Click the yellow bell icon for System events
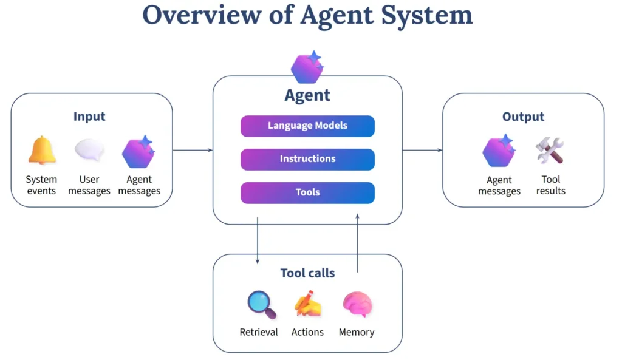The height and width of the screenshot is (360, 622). [42, 150]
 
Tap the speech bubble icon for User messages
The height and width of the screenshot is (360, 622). [90, 150]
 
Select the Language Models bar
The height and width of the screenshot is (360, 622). [307, 126]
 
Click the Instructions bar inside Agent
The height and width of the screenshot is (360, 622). [307, 160]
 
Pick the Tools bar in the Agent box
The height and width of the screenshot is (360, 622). [307, 192]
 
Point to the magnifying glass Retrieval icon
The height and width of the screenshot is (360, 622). [262, 305]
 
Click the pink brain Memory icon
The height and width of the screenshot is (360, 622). [357, 304]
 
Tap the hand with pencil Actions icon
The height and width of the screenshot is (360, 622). [308, 304]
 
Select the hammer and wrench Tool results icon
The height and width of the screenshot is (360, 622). [550, 151]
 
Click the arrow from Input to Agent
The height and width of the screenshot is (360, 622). [193, 151]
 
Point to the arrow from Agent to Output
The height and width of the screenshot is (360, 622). [422, 151]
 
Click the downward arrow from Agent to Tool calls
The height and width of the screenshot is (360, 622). [258, 240]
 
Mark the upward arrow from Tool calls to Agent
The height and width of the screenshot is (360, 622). [357, 243]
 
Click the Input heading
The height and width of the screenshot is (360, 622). [89, 117]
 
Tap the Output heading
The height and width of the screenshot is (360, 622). [523, 117]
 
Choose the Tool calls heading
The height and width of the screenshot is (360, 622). [307, 273]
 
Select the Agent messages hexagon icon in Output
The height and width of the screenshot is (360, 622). [499, 151]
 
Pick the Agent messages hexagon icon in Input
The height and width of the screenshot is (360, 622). [138, 152]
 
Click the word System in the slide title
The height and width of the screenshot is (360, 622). [427, 15]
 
